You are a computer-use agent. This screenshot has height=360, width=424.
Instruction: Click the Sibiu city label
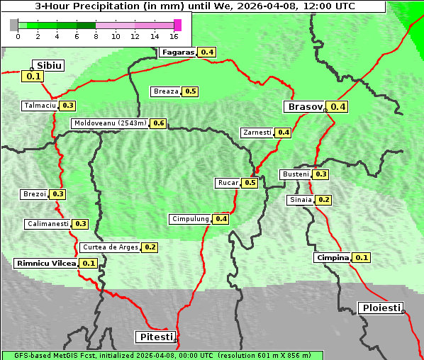pyautogui.click(x=50, y=65)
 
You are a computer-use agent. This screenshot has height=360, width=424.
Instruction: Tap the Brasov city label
pyautogui.click(x=304, y=107)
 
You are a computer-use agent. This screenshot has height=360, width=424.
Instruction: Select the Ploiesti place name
pyautogui.click(x=381, y=308)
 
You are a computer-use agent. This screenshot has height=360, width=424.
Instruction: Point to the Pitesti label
pyautogui.click(x=155, y=337)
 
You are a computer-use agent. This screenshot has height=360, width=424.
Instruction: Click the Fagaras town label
pyautogui.click(x=177, y=52)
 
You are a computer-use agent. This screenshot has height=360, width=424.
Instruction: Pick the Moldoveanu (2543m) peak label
pyautogui.click(x=110, y=123)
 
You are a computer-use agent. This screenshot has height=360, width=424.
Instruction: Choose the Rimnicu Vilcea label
pyautogui.click(x=46, y=263)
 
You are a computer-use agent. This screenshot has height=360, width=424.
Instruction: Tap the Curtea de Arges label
pyautogui.click(x=110, y=247)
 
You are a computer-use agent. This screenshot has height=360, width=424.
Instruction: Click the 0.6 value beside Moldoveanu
pyautogui.click(x=158, y=123)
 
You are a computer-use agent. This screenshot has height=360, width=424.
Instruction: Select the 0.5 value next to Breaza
pyautogui.click(x=190, y=91)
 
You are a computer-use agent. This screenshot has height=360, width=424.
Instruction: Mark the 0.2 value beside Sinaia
pyautogui.click(x=323, y=200)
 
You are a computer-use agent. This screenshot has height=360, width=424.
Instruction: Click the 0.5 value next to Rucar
pyautogui.click(x=250, y=183)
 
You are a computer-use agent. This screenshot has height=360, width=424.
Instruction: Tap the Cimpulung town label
pyautogui.click(x=190, y=219)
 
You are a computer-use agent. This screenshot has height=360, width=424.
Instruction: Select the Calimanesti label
pyautogui.click(x=48, y=224)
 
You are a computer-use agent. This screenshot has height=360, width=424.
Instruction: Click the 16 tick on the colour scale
pyautogui.click(x=174, y=36)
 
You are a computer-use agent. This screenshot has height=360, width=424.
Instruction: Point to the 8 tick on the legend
pyautogui.click(x=96, y=36)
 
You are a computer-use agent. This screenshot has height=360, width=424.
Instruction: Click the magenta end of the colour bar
pyautogui.click(x=177, y=25)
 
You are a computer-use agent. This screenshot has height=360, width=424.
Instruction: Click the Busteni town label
pyautogui.click(x=296, y=174)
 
